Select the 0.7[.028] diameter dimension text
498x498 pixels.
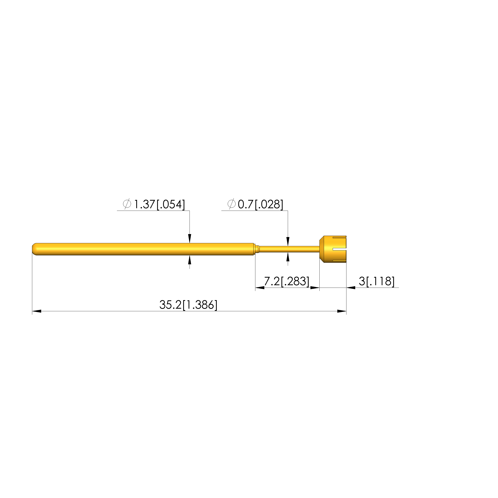(260, 204)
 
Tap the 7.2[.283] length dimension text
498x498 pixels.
(287, 281)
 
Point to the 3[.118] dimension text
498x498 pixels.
(377, 281)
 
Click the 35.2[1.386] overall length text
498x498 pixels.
(188, 305)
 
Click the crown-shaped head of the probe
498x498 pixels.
(333, 249)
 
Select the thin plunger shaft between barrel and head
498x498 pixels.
(289, 249)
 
